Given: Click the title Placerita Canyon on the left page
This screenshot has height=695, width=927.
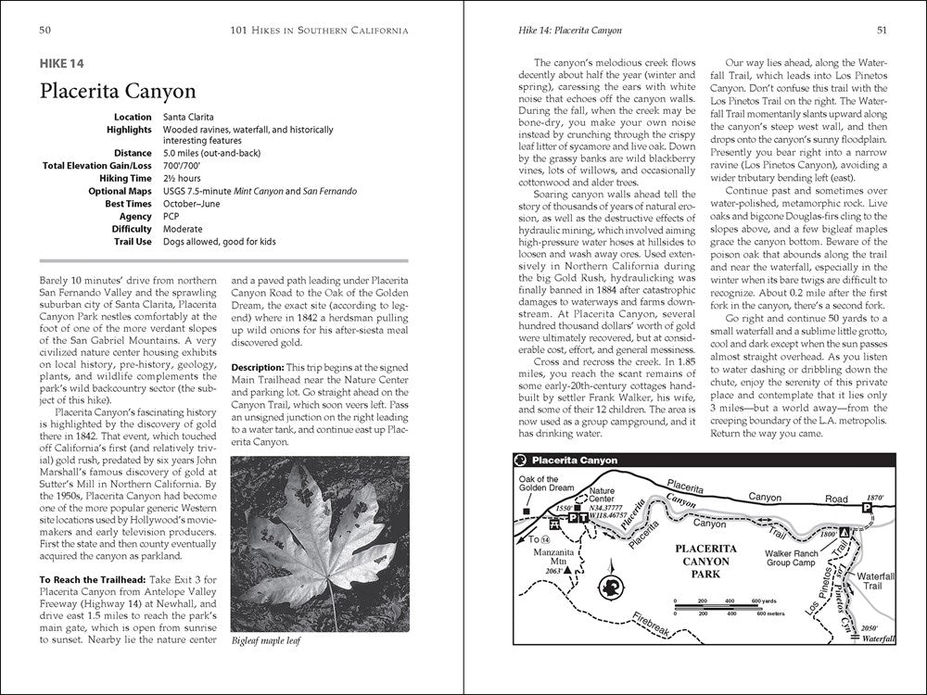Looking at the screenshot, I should [x=117, y=91].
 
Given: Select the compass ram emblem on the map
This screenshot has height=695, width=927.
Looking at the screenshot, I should [x=611, y=586].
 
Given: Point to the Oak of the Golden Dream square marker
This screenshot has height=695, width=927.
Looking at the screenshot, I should [x=526, y=511].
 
